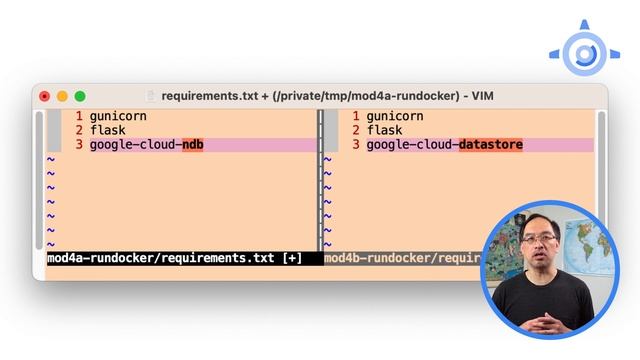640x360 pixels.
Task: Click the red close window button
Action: tap(45, 96)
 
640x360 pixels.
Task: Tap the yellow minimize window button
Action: tap(62, 96)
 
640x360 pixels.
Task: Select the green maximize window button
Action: tap(80, 96)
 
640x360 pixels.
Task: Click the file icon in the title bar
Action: tap(151, 96)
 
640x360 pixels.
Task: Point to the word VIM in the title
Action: tap(479, 96)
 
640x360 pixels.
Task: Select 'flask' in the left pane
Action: tap(107, 130)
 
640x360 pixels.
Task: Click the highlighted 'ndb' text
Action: tap(192, 145)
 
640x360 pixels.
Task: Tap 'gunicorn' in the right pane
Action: tap(395, 116)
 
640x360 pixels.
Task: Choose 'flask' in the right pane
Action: tap(384, 130)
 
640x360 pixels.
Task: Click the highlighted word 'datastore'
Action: tap(490, 145)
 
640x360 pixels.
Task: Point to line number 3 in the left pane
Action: tap(78, 145)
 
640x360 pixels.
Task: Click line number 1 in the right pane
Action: tap(355, 116)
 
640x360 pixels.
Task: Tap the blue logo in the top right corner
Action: tap(581, 51)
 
